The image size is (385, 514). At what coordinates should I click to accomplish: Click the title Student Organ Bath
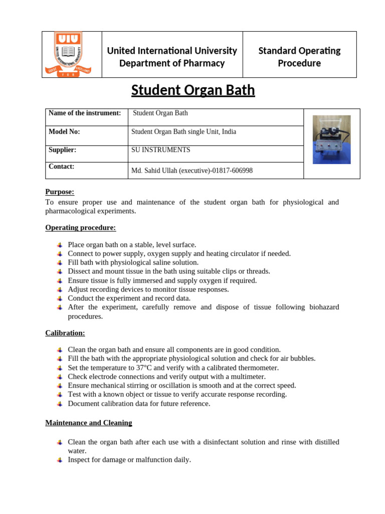(193, 90)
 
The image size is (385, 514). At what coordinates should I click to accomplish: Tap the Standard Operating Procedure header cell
(299, 57)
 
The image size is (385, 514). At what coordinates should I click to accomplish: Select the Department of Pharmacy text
(172, 63)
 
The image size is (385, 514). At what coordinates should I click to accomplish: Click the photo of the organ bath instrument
(331, 140)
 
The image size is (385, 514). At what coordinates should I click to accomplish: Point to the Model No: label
(64, 132)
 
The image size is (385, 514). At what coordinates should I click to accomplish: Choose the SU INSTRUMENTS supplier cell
(160, 150)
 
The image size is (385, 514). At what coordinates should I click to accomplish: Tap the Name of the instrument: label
(85, 113)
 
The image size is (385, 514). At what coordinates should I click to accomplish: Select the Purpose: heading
(60, 192)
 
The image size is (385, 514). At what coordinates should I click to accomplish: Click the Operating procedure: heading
(80, 227)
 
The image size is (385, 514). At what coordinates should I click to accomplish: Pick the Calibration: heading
(65, 333)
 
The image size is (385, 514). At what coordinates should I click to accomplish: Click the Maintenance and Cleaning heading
(89, 423)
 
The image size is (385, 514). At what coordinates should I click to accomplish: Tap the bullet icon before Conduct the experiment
(60, 298)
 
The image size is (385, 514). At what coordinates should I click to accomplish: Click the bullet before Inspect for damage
(60, 460)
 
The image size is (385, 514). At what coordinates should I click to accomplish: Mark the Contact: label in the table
(61, 166)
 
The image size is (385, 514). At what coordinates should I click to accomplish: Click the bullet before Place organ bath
(60, 245)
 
